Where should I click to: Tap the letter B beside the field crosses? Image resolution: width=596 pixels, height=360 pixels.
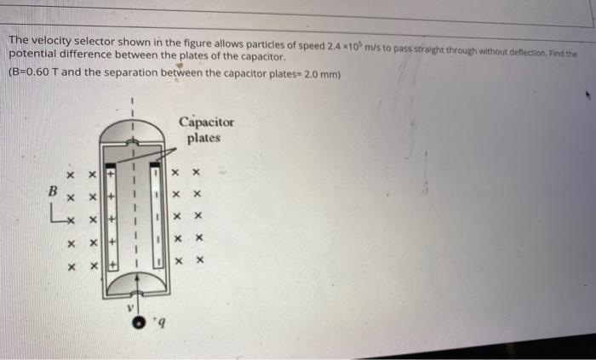(51, 192)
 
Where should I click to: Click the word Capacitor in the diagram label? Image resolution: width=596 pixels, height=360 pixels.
(206, 122)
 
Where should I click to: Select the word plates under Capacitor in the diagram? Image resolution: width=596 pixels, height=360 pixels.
(204, 137)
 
